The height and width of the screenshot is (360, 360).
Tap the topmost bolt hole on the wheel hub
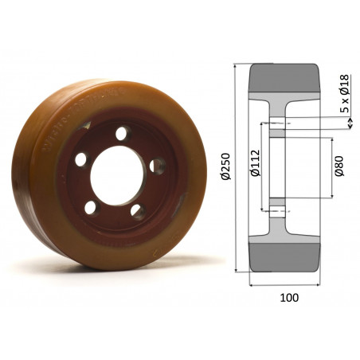coord(121,134)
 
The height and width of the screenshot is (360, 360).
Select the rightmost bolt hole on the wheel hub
coord(159,166)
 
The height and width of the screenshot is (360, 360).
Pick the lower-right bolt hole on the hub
coord(137,211)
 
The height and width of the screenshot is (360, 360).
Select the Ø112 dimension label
coord(254,164)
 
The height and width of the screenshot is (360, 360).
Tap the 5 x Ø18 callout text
coord(344,93)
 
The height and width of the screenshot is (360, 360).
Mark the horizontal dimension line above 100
coord(286,284)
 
